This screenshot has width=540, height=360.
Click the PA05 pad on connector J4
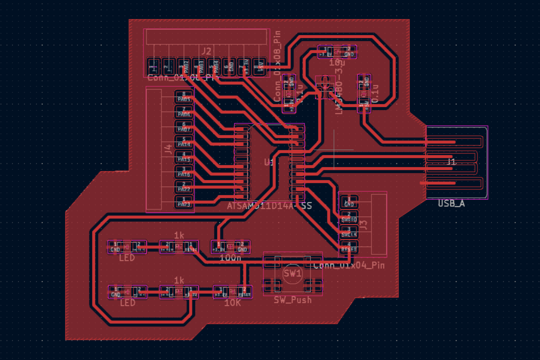click(x=184, y=96)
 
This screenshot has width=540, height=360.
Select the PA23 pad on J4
click(x=184, y=201)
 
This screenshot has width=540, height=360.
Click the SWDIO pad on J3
click(x=349, y=216)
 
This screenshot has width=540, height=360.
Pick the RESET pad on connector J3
click(x=349, y=246)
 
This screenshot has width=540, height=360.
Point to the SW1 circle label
click(x=292, y=273)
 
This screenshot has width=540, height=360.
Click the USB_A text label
click(x=451, y=203)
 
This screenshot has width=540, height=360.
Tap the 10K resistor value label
click(x=233, y=303)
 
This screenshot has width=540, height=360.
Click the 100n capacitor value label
click(x=230, y=258)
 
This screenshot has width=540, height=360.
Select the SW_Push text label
click(x=292, y=299)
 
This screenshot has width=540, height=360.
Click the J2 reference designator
click(x=206, y=50)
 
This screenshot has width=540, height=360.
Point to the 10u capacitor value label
click(x=337, y=63)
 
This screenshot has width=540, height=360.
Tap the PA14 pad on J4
click(x=184, y=141)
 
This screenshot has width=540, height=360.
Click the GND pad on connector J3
click(x=349, y=201)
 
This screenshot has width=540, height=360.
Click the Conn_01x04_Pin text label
click(x=349, y=265)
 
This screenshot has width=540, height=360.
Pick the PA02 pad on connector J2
click(x=184, y=66)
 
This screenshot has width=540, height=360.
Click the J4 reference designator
click(x=168, y=148)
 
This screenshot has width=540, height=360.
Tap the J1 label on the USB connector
click(x=451, y=162)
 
